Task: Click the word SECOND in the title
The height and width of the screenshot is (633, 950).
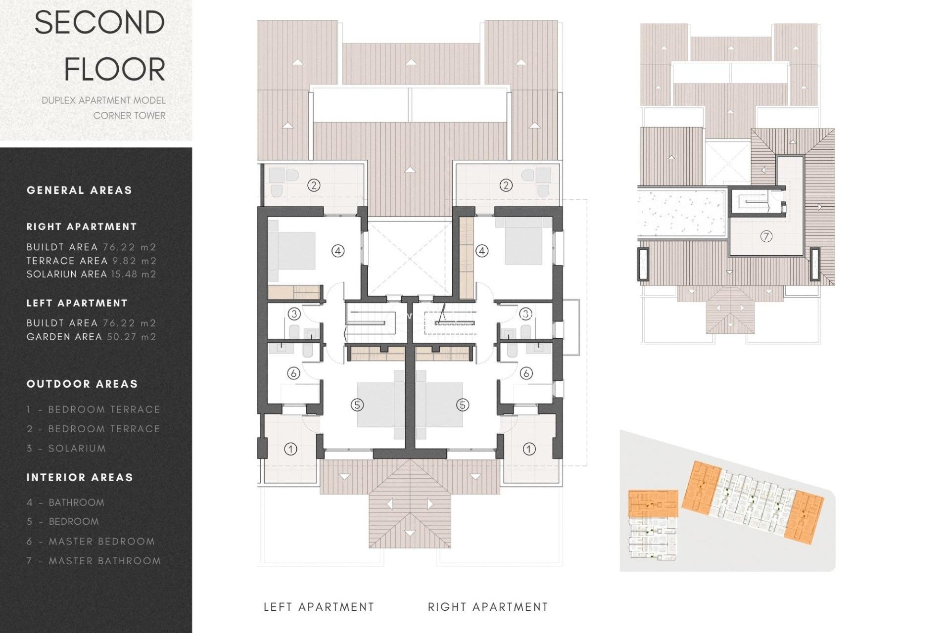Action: pos(99,23)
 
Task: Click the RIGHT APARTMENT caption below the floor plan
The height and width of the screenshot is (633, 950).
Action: pos(488,607)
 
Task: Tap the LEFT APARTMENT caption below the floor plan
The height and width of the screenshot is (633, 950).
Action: pos(319,607)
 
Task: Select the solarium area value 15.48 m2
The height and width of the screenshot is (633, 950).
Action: pos(134,274)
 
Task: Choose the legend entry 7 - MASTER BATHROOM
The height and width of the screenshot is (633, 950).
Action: pos(94,561)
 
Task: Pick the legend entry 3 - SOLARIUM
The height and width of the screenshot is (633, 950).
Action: pos(66,449)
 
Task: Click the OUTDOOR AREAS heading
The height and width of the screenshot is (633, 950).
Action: pos(82,384)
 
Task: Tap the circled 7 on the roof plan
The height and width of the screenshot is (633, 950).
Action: pos(766,236)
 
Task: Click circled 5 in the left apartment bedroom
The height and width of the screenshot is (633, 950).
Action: pos(357,405)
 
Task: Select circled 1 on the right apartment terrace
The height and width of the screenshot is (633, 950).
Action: pos(529,449)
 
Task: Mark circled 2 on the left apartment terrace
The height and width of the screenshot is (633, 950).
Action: pos(314,185)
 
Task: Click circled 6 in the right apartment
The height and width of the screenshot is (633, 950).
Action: pos(526,373)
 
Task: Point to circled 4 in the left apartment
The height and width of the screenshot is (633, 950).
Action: pos(337,251)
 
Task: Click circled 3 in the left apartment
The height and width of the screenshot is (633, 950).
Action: pos(294,314)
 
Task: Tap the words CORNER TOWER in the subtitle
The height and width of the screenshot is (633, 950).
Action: pos(130,116)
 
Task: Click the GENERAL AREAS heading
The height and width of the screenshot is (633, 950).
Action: pos(79,190)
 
